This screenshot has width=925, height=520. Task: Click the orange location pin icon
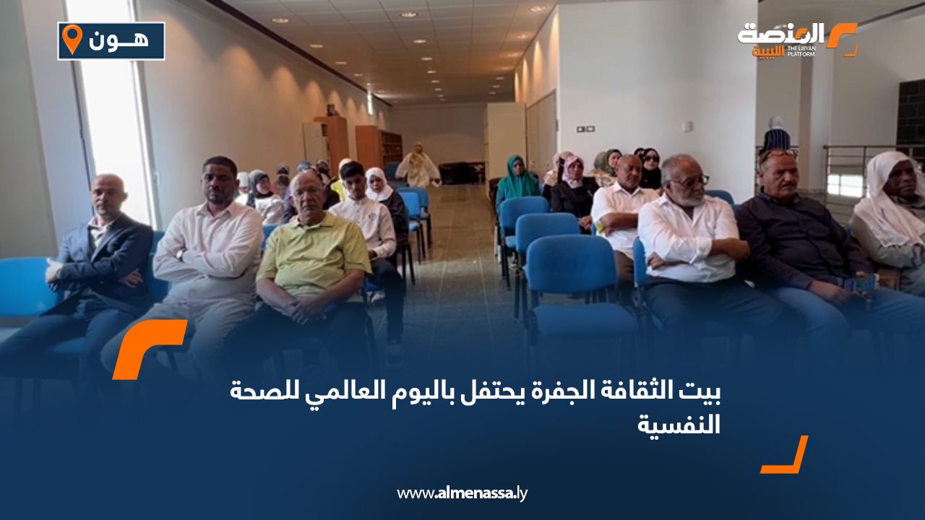point(71,39)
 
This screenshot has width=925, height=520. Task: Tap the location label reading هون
point(119,40)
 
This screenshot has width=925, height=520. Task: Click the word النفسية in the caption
point(679,425)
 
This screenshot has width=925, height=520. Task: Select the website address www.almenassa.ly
point(462,493)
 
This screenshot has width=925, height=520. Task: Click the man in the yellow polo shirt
point(312,253)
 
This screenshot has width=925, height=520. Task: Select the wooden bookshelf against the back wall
point(378,148)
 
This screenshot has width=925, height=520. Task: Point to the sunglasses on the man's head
point(778,154)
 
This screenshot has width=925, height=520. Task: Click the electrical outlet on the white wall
point(586,129)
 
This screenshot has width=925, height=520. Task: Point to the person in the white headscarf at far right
point(890,209)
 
